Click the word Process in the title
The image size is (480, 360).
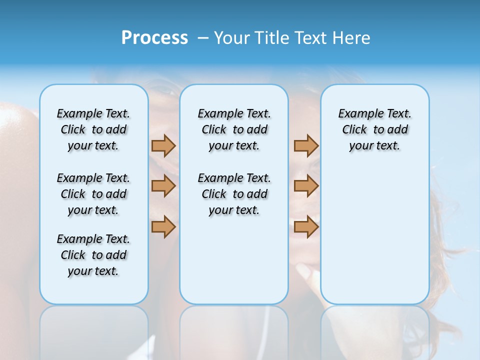coord(154,38)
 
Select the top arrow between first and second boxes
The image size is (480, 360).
coord(163,145)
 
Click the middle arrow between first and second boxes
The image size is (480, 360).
coord(163,186)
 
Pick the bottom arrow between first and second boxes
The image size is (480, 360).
coord(163,226)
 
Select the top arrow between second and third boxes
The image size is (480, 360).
coord(306,145)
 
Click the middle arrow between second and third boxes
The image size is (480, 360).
coord(306,186)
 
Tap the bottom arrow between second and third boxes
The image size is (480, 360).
coord(306,226)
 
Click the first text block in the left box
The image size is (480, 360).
coord(93,129)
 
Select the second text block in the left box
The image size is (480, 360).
coord(93,194)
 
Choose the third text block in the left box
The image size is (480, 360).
coord(93,255)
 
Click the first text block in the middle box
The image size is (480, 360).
coord(234,129)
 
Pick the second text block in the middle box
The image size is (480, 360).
coord(234,194)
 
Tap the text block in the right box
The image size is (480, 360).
coord(374,129)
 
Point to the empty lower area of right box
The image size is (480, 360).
coord(374,235)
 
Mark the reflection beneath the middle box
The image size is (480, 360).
coord(234,330)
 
